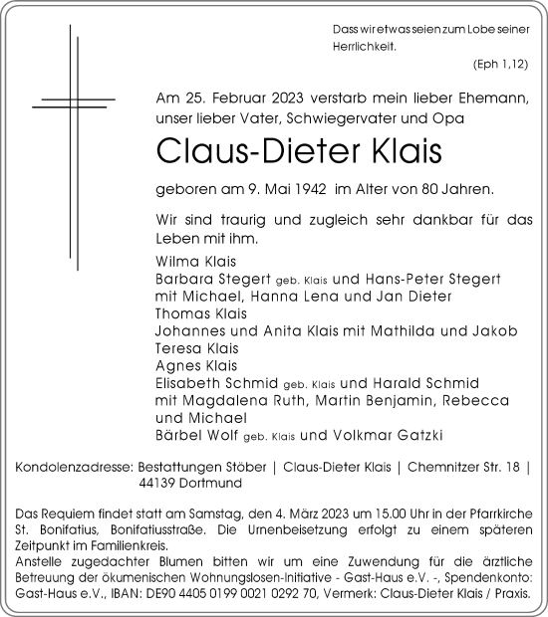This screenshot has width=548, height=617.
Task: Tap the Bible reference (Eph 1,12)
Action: [500, 64]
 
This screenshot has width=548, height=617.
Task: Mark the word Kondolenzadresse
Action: [77, 466]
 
